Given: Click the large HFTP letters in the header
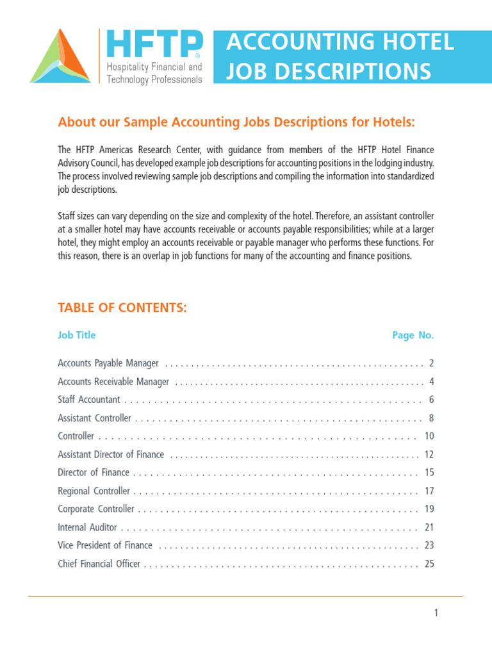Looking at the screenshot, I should click(154, 45).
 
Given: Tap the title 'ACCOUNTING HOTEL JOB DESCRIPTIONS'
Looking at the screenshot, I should click(340, 57).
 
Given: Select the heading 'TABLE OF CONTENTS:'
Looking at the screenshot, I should click(122, 308).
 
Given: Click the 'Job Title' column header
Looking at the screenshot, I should click(76, 335).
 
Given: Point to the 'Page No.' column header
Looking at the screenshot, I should click(413, 335).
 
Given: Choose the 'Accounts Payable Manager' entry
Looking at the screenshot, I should click(108, 363).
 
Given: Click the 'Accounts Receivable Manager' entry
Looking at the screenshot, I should click(113, 382).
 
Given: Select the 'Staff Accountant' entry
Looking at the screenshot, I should click(89, 400).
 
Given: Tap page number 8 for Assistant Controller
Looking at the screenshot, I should click(431, 418).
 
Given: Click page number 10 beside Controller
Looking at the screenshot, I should click(429, 436).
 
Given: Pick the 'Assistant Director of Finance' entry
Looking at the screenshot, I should click(111, 455).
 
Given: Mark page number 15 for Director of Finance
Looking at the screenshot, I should click(429, 473).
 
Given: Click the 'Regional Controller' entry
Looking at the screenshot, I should click(94, 491).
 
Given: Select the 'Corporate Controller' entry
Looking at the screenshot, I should click(96, 509).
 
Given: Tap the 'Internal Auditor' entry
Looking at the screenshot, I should click(88, 528).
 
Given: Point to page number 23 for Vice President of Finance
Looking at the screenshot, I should click(429, 546).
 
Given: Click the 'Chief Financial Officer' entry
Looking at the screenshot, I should click(99, 564).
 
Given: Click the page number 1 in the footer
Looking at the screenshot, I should click(436, 613).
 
